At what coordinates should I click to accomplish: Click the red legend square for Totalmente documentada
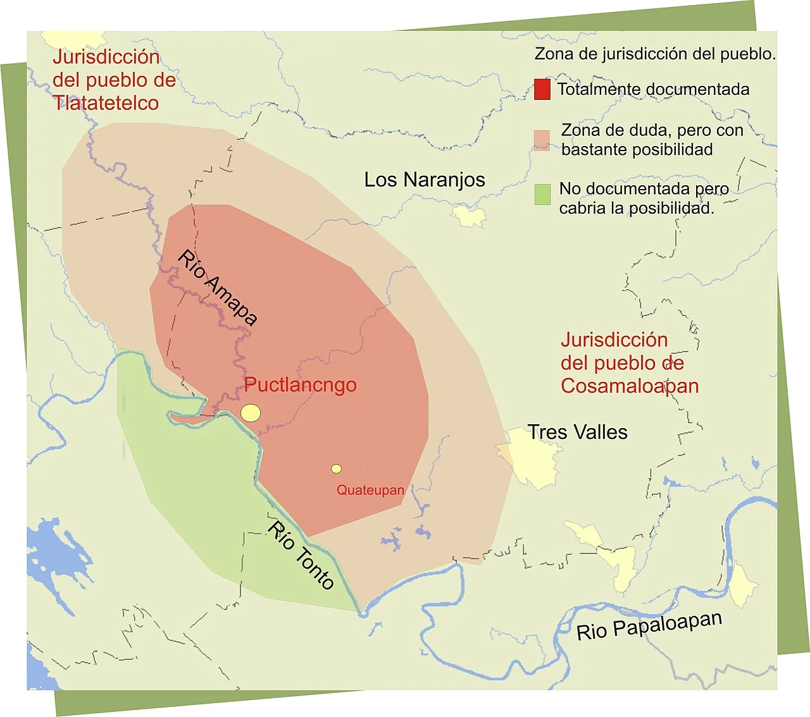coord(542,89)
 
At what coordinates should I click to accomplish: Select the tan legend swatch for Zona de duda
coord(542,140)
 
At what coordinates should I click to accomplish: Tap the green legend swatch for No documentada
coord(542,194)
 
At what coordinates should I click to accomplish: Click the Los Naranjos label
coord(424,180)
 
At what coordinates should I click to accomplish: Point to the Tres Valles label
coord(578,432)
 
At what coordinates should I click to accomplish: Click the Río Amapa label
coord(217,287)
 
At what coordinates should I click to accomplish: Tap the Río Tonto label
coord(301,555)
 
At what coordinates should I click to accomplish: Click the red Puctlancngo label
coord(300,385)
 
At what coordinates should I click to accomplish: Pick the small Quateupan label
coord(370,490)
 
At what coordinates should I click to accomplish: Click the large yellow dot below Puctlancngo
coord(251,413)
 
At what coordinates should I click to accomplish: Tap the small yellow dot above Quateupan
coord(336,469)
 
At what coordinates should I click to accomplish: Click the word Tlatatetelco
coord(106,103)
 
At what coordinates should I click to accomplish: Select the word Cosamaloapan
coord(630,386)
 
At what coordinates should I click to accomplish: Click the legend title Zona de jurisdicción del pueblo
coord(655,54)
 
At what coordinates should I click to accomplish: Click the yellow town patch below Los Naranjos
coord(470,216)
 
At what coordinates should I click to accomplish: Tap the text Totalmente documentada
coord(653,90)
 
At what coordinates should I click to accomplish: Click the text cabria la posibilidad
coord(637,208)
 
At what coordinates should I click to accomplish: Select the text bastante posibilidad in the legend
coord(637,150)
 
